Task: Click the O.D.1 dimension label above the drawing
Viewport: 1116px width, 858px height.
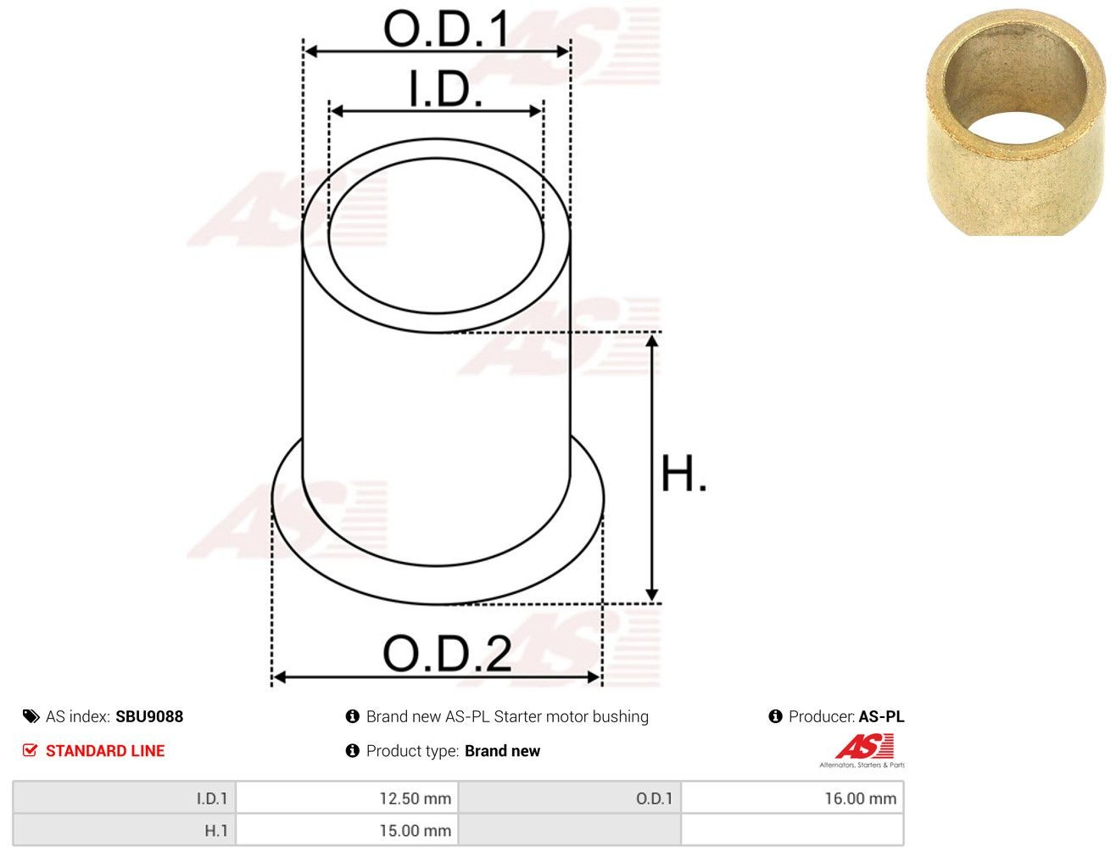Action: click(x=446, y=29)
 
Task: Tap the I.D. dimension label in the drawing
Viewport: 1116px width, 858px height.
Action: click(x=446, y=88)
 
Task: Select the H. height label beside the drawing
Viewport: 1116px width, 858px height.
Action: click(x=684, y=474)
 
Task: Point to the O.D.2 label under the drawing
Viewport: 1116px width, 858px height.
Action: click(x=447, y=653)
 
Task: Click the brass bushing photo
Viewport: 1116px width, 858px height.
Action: click(x=1015, y=122)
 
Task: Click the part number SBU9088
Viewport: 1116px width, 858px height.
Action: click(x=149, y=717)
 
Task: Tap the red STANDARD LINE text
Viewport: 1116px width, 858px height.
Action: click(x=105, y=750)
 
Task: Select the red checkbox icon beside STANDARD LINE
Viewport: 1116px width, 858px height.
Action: click(x=30, y=750)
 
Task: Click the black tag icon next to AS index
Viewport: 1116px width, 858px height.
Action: click(x=31, y=716)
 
